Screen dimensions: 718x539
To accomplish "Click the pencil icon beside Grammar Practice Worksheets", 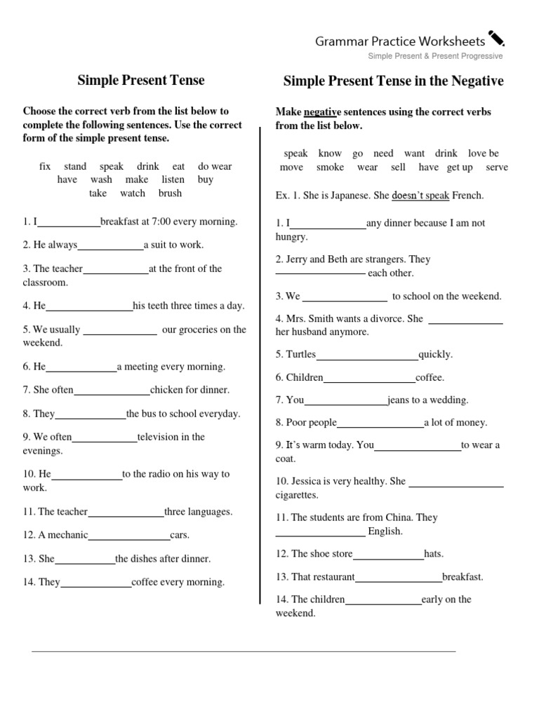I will [496, 39].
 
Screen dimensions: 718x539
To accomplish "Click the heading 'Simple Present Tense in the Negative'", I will [393, 81].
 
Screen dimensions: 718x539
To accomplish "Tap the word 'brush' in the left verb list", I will [170, 194].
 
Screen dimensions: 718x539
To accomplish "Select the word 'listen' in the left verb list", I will [173, 179].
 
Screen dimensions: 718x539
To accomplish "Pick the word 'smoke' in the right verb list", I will [330, 168].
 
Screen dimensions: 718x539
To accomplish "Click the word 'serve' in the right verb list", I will [496, 168].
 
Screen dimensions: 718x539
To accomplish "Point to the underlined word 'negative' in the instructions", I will [322, 112].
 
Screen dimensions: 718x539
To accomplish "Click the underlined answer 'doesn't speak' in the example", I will [420, 196].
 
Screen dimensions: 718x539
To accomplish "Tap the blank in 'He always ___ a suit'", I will [111, 245].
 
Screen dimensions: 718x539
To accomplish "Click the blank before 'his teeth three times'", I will [89, 306].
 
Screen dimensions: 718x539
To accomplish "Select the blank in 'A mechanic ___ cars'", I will [129, 536].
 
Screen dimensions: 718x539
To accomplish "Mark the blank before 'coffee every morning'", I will [96, 583].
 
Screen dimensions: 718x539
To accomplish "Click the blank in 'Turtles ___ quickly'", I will [367, 355].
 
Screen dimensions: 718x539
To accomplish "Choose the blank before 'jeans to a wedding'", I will [346, 401].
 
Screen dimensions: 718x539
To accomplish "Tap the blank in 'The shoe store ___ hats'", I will [388, 555].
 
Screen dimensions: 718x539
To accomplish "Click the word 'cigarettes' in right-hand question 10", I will [297, 495].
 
